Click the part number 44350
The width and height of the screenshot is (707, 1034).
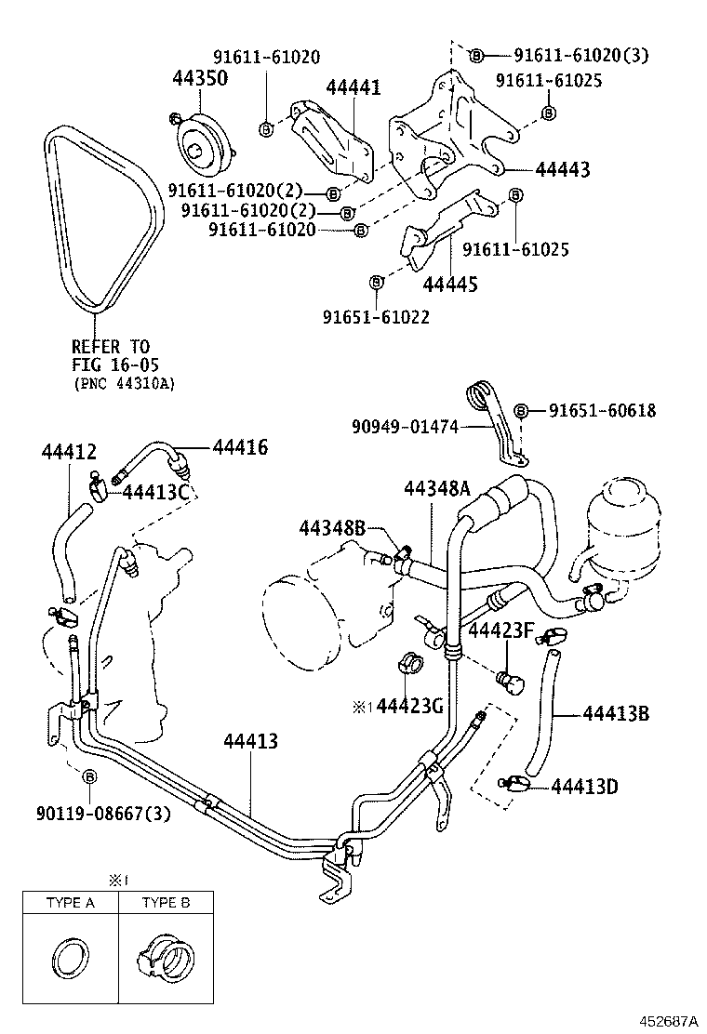199,78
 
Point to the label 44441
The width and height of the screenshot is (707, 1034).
353,87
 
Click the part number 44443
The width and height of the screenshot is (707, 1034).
562,170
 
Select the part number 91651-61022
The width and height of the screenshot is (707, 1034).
376,317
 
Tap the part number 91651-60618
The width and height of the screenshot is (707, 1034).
601,410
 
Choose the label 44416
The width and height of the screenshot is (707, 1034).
240,448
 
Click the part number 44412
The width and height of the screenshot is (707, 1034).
69,452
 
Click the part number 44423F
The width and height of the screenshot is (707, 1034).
500,632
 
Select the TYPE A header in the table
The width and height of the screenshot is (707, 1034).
71,902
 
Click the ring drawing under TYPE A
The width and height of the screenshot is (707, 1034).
71,957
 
